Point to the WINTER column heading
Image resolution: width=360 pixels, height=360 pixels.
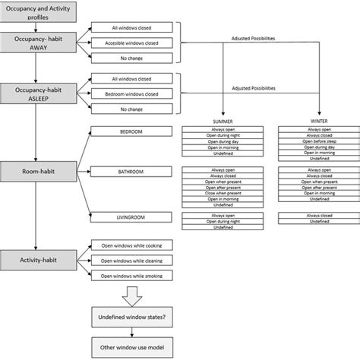312,122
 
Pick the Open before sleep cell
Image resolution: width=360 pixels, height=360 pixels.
312,141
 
